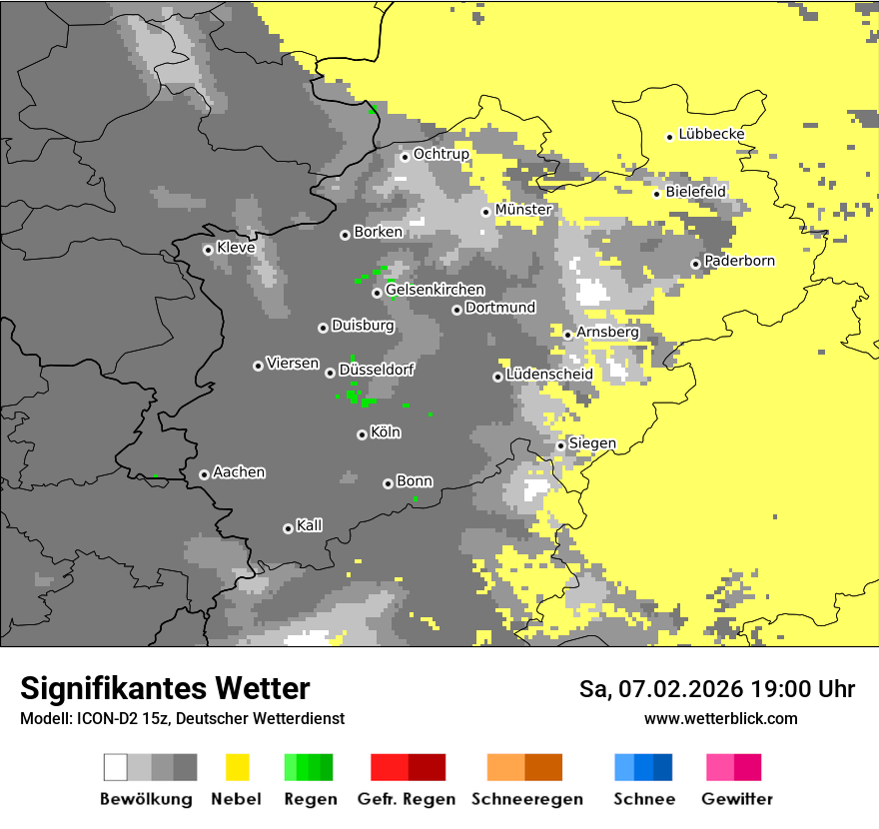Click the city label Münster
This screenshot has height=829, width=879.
click(522, 210)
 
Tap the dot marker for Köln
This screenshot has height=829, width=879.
click(362, 434)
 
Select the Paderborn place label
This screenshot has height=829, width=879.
click(739, 261)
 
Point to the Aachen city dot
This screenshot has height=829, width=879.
click(204, 474)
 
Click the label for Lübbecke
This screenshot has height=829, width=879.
click(711, 134)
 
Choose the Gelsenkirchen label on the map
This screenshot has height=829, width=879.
click(435, 290)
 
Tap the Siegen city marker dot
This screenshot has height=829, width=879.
click(560, 445)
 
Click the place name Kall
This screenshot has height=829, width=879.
click(309, 525)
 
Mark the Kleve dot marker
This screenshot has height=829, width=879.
click(208, 250)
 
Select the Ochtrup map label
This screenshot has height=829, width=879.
click(440, 154)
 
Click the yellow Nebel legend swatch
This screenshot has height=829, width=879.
click(237, 767)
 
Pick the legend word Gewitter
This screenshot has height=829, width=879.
click(736, 799)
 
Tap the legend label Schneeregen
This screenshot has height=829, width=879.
click(526, 799)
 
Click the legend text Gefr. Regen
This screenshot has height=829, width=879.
click(406, 799)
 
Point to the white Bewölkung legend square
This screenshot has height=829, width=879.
click(116, 767)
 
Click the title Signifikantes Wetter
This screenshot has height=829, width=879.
click(165, 688)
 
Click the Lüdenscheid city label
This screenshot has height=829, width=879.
click(549, 375)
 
